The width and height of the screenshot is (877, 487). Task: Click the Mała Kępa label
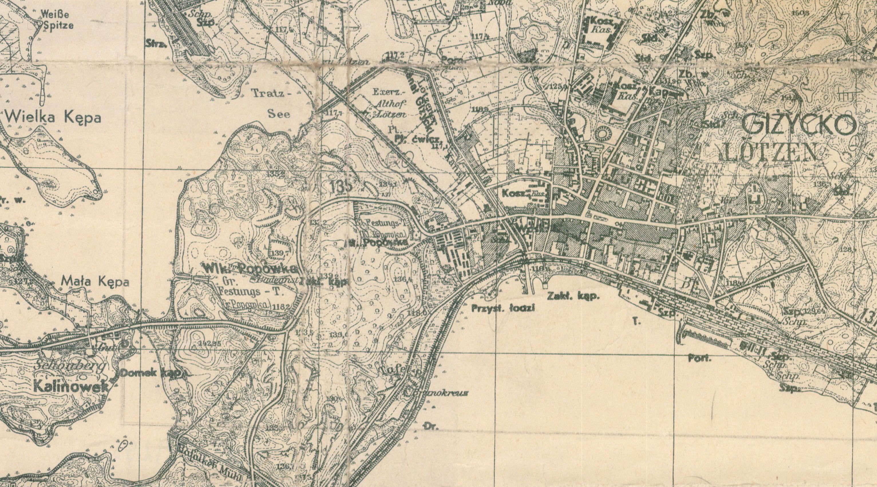(95, 282)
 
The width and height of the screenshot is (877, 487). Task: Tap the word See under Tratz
(279, 114)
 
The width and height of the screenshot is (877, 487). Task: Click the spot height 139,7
(280, 253)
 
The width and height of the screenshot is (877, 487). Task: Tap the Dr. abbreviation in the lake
(432, 426)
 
